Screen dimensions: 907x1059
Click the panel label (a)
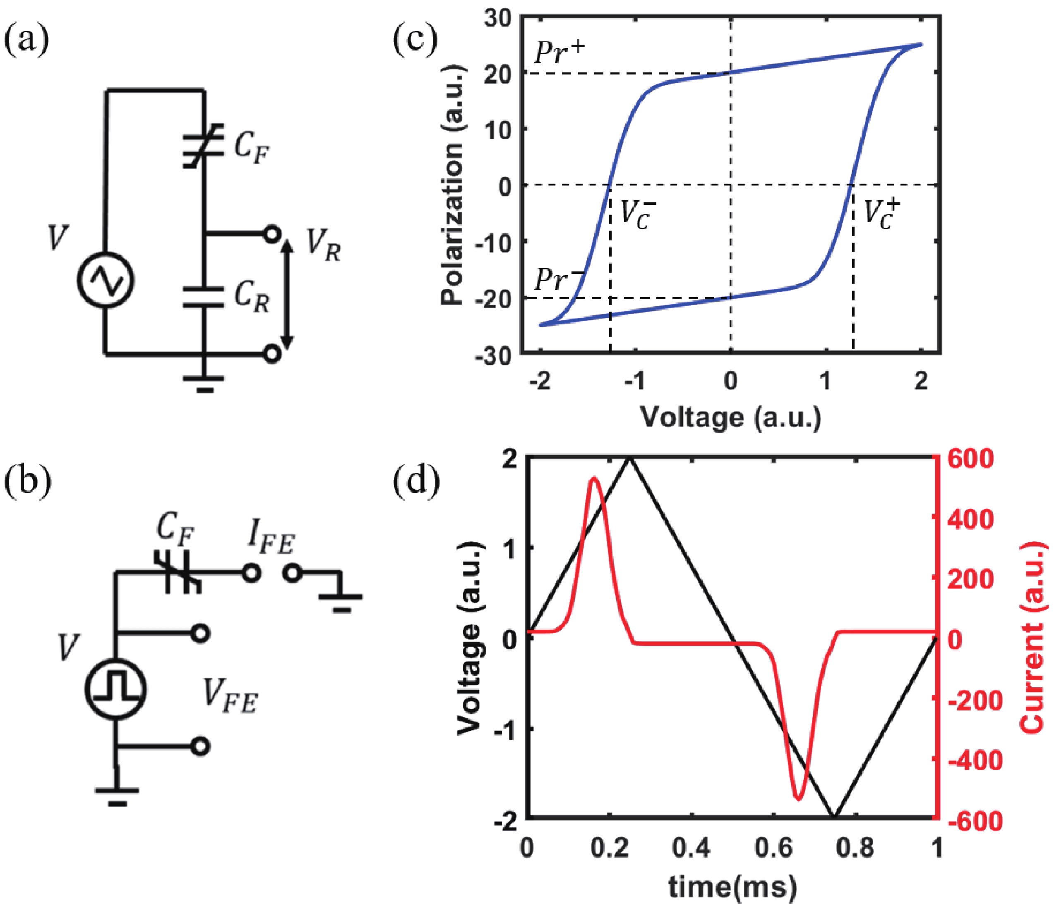pos(26,40)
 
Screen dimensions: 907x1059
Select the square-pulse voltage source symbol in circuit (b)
pos(115,689)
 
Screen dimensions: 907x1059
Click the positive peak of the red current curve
pos(593,478)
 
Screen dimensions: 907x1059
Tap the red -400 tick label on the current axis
pos(975,761)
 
